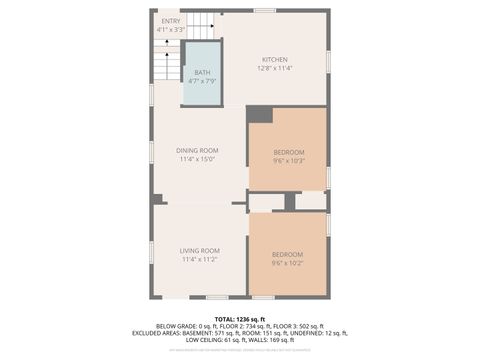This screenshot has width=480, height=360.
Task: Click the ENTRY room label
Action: (171, 21)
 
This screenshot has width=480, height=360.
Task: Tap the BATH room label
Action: (202, 72)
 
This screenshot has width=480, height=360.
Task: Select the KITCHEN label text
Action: (274, 59)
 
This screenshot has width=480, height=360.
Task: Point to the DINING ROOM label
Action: (198, 150)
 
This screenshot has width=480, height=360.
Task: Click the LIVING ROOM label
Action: (199, 250)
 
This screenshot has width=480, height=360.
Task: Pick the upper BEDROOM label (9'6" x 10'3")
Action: (287, 151)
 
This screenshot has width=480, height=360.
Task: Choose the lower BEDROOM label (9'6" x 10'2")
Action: (287, 254)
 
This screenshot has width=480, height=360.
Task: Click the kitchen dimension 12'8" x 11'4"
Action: (274, 68)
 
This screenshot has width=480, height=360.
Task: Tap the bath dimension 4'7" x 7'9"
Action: (202, 80)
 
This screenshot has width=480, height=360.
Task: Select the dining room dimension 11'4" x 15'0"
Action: (198, 159)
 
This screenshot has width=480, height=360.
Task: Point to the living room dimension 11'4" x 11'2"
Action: (199, 259)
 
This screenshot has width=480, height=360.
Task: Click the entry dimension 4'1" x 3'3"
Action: (171, 30)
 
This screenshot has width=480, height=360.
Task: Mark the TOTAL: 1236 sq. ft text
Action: (240, 317)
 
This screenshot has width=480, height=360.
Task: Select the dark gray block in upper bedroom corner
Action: (259, 114)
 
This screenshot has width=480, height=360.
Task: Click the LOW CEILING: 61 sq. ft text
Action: (215, 339)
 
